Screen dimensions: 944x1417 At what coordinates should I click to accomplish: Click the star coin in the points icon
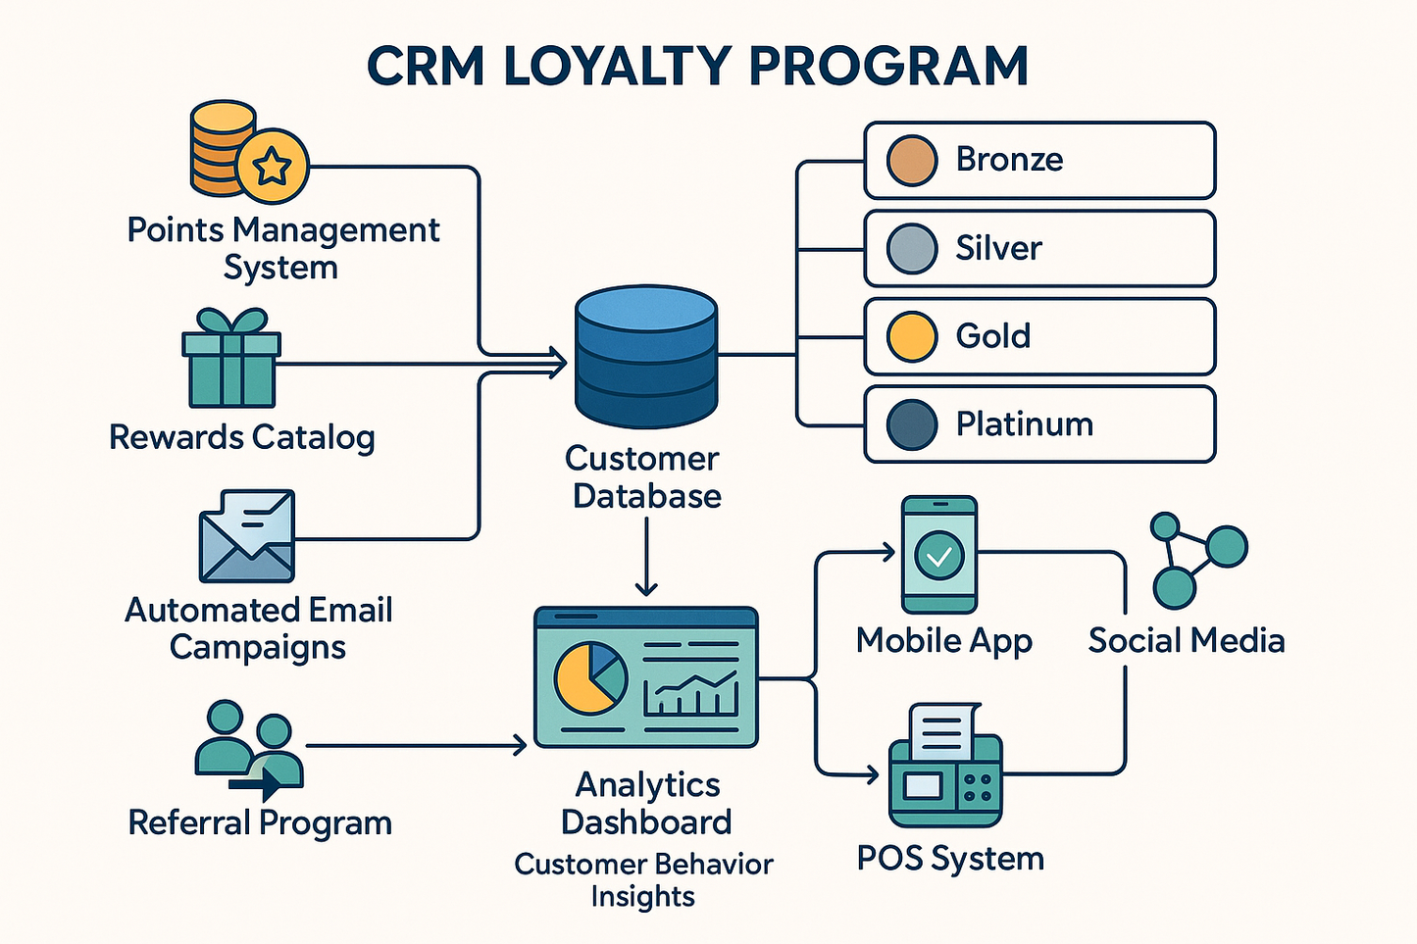[272, 167]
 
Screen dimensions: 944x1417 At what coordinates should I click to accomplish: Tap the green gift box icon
[231, 360]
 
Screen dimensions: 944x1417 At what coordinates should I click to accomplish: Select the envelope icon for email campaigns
[247, 537]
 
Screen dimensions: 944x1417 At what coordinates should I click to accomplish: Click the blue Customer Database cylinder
[646, 356]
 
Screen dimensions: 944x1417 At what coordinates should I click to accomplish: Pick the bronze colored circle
[911, 161]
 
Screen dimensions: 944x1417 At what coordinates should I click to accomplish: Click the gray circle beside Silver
[911, 249]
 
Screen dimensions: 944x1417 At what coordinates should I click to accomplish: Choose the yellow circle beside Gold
[911, 337]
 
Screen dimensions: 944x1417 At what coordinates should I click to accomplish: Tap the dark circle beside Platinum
[911, 425]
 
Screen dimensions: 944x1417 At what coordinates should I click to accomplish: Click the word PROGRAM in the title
[888, 67]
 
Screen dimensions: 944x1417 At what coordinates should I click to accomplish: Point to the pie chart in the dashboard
[590, 677]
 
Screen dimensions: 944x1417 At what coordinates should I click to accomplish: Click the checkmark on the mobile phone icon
[939, 557]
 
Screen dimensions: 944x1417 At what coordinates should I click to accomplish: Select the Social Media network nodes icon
[1196, 559]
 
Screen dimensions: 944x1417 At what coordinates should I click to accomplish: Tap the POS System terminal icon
[945, 770]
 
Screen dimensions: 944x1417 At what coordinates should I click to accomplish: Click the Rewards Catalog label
[241, 437]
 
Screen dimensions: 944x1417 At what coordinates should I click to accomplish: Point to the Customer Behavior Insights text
[643, 880]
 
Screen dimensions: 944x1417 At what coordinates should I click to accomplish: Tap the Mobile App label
[943, 641]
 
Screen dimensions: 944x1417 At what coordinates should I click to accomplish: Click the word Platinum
[1024, 424]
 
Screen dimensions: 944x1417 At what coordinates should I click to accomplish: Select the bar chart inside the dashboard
[691, 694]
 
